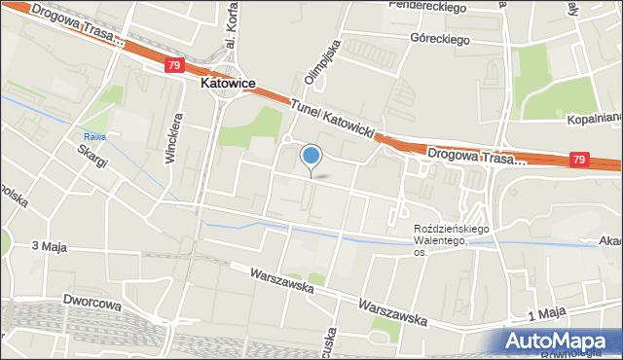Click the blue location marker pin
click(311, 156)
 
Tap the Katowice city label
click(228, 84)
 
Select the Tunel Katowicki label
click(336, 122)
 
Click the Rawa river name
click(93, 136)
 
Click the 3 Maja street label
click(49, 247)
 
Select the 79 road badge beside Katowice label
click(174, 65)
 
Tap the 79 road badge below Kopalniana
click(579, 159)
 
